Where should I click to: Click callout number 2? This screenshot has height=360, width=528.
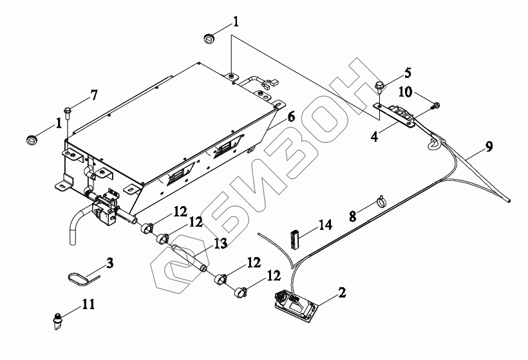click(x=343, y=292)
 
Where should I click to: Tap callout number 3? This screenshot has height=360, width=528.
click(x=110, y=262)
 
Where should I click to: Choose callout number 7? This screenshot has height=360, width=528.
click(x=94, y=95)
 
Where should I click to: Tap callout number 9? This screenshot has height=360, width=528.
click(x=489, y=146)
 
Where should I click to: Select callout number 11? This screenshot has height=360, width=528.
click(x=88, y=303)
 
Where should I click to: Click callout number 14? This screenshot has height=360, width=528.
click(x=325, y=226)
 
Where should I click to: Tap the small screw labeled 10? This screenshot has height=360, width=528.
click(x=437, y=104)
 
